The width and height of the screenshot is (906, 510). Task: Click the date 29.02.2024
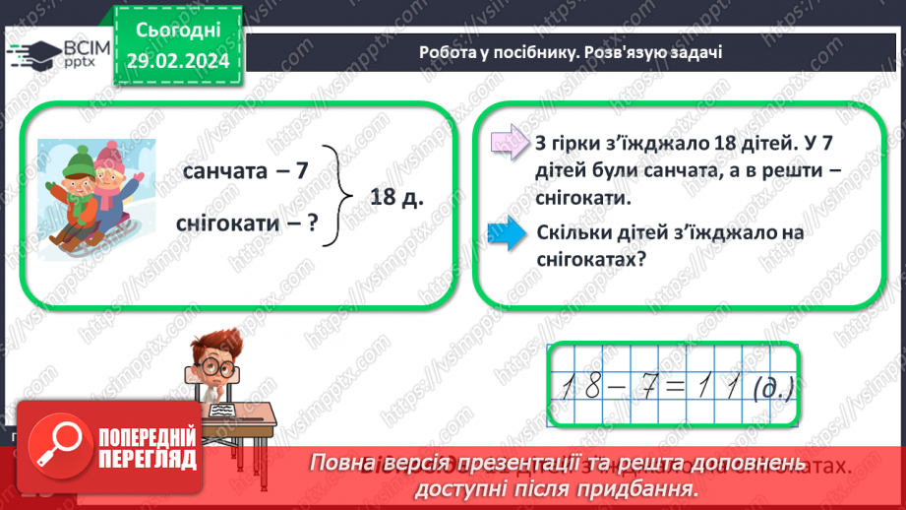tap(177, 59)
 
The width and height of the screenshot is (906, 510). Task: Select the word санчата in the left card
tap(225, 170)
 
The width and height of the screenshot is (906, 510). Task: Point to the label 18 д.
tap(397, 197)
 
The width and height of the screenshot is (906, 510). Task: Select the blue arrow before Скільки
tap(508, 237)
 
